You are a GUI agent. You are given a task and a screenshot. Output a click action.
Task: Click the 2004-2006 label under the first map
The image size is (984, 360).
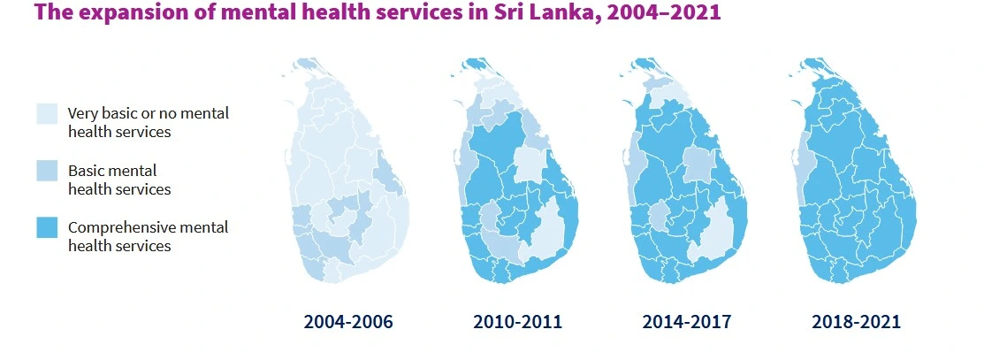pyautogui.click(x=347, y=322)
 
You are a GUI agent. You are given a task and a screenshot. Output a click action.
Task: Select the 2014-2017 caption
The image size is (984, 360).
pyautogui.click(x=687, y=322)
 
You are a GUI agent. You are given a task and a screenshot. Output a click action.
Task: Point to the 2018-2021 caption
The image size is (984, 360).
pyautogui.click(x=856, y=322)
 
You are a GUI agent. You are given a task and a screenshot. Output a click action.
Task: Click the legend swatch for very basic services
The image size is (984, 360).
pyautogui.click(x=47, y=114)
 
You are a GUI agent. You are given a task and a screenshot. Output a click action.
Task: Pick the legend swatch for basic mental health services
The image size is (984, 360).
pyautogui.click(x=47, y=171)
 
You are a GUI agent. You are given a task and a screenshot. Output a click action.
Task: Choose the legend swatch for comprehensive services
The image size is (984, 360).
pyautogui.click(x=47, y=228)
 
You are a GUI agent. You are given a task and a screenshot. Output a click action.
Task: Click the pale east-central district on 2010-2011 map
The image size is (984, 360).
pyautogui.click(x=529, y=164)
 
